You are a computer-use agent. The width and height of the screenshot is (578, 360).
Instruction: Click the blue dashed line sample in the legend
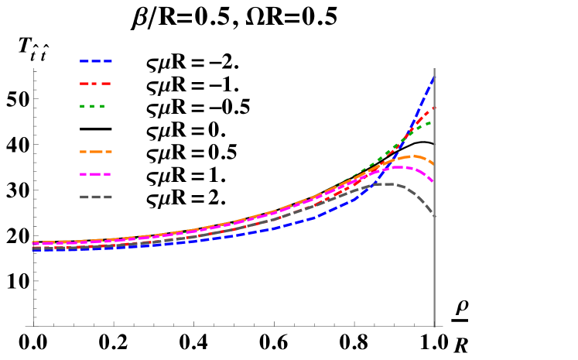pyautogui.click(x=96, y=61)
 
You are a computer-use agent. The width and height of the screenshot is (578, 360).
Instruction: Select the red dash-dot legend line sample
pyautogui.click(x=95, y=84)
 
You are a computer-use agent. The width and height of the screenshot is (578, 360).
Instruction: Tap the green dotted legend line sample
pyautogui.click(x=92, y=106)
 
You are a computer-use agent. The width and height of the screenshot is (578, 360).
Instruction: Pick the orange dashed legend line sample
pyautogui.click(x=96, y=152)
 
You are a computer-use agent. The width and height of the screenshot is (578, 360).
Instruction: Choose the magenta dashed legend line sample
pyautogui.click(x=95, y=174)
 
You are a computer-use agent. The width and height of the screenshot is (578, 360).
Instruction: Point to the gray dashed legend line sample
pyautogui.click(x=96, y=197)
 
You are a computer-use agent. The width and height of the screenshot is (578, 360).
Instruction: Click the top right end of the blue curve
pyautogui.click(x=433, y=76)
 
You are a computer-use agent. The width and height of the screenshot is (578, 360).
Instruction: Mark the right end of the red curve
pyautogui.click(x=433, y=108)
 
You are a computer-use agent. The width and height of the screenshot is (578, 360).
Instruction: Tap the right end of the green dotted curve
pyautogui.click(x=432, y=122)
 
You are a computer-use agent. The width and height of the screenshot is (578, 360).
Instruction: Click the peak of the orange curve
pyautogui.click(x=413, y=156)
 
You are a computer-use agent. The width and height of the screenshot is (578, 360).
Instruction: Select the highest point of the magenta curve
pyautogui.click(x=399, y=167)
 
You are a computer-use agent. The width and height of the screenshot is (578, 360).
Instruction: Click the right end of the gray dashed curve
pyautogui.click(x=433, y=216)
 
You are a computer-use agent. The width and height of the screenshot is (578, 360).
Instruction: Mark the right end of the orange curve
pyautogui.click(x=433, y=164)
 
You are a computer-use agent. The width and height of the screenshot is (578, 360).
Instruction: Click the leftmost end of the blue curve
pyautogui.click(x=33, y=250)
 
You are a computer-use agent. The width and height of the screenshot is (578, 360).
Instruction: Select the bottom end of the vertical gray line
pyautogui.click(x=434, y=326)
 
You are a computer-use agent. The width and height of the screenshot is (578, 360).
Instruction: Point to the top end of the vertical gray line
pyautogui.click(x=434, y=69)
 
